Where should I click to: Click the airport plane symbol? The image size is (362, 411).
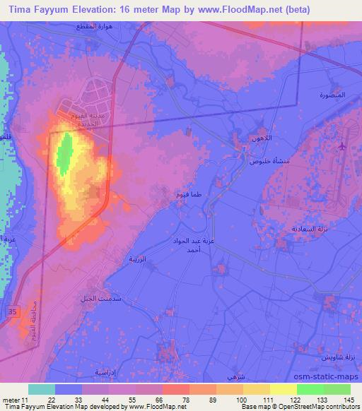[x=342, y=146]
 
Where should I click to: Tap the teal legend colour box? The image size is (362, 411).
[x=42, y=389]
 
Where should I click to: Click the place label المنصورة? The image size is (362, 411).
[x=332, y=95]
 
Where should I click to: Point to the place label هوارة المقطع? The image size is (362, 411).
[x=93, y=26]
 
